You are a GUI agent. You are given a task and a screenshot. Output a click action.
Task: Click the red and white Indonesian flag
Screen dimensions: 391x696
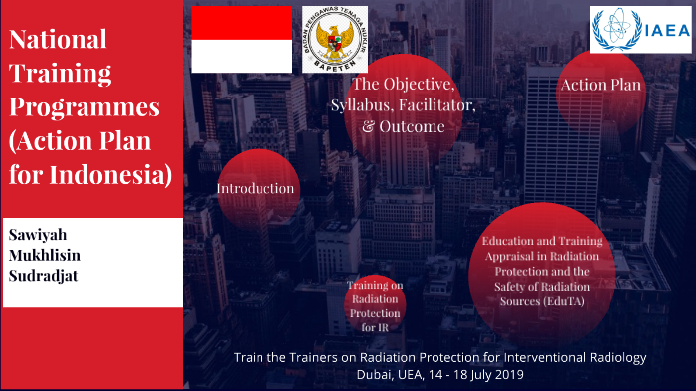tap(241, 39)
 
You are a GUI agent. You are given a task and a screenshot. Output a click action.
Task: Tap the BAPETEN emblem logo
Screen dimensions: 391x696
tap(334, 40)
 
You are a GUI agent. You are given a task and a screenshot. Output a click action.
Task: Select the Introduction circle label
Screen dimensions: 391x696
tap(256, 188)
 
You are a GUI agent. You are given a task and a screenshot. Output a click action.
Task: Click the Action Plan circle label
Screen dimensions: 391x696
tap(601, 86)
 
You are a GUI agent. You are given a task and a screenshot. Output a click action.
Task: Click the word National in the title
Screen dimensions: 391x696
tap(58, 40)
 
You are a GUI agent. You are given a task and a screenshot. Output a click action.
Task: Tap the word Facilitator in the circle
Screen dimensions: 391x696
tap(436, 105)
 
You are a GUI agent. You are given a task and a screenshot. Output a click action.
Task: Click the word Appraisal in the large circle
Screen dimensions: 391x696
tap(503, 255)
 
